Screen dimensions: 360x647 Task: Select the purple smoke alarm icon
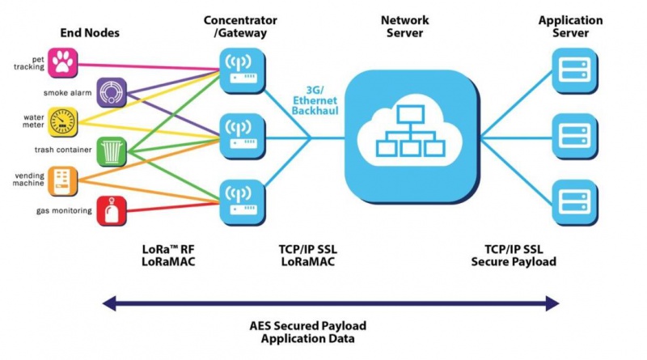111,93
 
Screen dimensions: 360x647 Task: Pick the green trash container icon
111,150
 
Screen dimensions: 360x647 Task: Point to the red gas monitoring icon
111,210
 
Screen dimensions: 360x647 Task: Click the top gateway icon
241,68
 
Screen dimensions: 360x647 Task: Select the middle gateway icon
241,135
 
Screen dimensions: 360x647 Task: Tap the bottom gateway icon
241,201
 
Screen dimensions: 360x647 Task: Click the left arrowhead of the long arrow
108,303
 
